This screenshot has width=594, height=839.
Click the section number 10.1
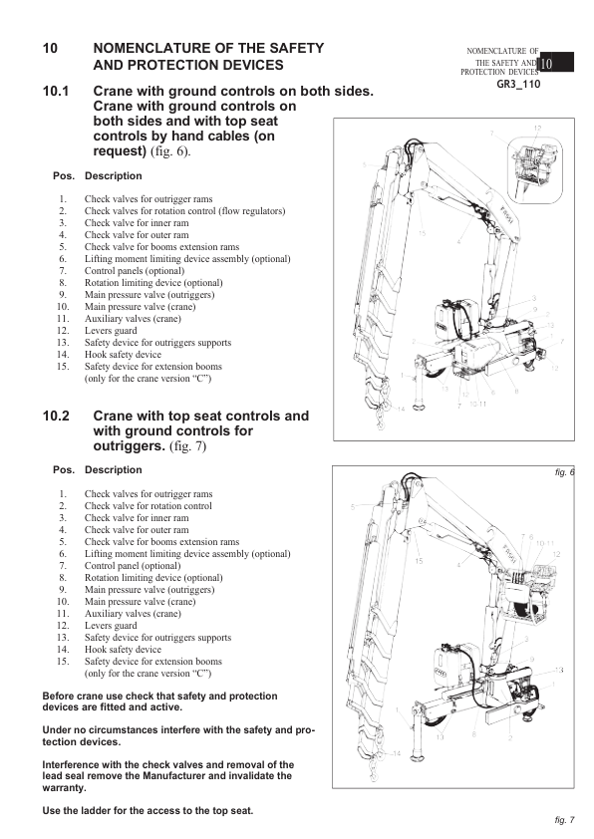click(x=56, y=91)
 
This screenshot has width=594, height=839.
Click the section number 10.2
click(x=56, y=416)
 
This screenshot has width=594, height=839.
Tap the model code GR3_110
click(x=518, y=84)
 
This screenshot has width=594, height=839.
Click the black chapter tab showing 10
click(x=556, y=63)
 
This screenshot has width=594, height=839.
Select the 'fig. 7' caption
click(x=564, y=819)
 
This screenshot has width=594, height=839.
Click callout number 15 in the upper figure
click(x=422, y=233)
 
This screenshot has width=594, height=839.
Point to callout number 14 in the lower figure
click(x=396, y=753)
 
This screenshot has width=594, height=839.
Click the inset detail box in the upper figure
click(x=535, y=169)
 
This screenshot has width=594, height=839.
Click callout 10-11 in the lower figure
click(x=545, y=543)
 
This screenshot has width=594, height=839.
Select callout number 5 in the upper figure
click(x=364, y=165)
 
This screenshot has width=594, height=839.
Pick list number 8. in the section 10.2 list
click(x=63, y=577)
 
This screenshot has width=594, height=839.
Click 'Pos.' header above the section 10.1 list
click(x=64, y=176)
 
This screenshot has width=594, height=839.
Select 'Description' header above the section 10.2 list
click(x=114, y=469)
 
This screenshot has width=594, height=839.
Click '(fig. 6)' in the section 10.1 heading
click(x=170, y=151)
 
